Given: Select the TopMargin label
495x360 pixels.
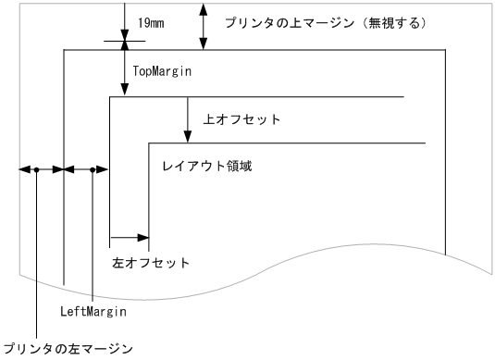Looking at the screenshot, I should [163, 70].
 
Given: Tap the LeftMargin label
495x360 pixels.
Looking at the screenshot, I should [93, 312].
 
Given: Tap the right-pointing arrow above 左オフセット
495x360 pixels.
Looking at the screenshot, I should [130, 238].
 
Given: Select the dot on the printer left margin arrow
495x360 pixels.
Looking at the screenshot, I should [36, 169].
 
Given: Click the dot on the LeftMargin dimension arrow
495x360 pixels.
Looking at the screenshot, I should [93, 169].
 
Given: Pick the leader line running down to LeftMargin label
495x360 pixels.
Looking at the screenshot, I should [93, 236].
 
